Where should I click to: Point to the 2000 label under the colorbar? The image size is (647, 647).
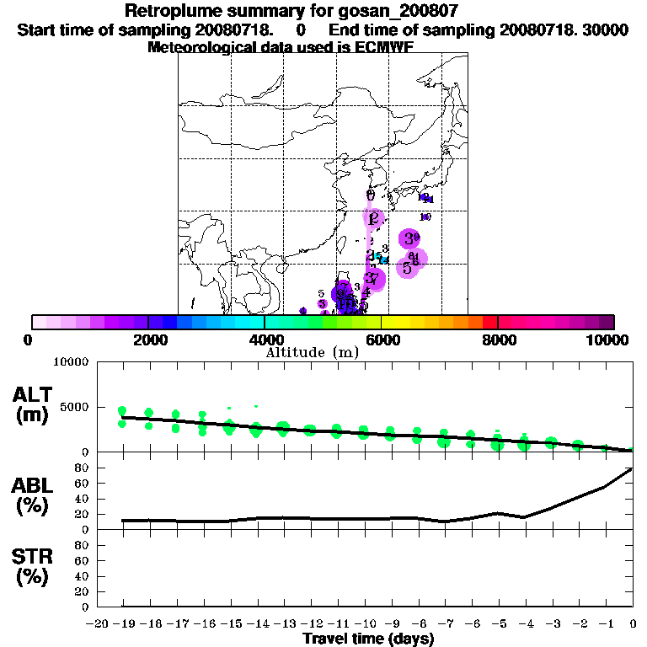pos(147,340)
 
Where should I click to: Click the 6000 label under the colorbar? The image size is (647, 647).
pos(381,340)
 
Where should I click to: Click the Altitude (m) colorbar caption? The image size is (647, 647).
pos(313,352)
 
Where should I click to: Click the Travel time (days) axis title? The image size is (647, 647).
pos(368,639)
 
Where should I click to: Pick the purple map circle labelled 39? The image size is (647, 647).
pos(409,239)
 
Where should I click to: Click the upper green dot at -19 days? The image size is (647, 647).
pos(122,410)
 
